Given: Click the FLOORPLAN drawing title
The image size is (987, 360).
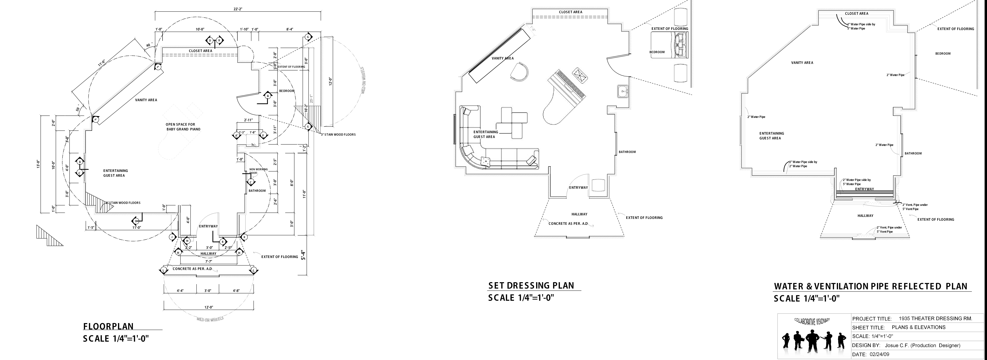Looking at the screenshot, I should coord(108,326).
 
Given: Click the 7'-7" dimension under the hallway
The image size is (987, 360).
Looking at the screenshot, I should coord(208,262).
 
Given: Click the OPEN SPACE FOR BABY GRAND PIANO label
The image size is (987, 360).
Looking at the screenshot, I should coord(183,127).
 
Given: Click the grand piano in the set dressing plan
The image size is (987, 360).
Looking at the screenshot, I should coord(563,100).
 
